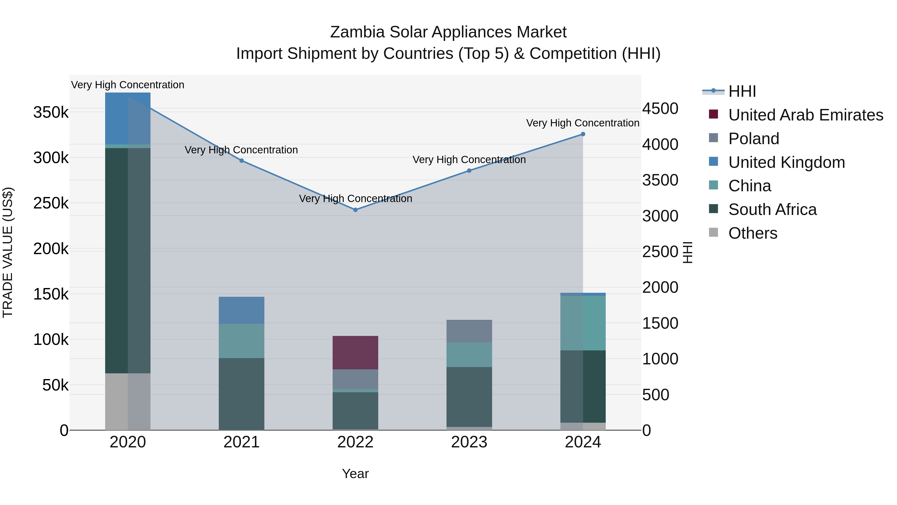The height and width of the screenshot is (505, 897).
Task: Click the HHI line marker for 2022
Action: (355, 210)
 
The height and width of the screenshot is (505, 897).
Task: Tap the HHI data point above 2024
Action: (583, 134)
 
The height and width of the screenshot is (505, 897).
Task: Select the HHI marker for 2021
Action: (242, 161)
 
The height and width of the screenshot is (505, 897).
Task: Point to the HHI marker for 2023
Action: (469, 171)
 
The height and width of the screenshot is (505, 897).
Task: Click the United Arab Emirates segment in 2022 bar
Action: (355, 352)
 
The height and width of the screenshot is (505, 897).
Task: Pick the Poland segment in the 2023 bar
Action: (469, 331)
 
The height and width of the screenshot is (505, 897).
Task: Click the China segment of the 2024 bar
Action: (583, 323)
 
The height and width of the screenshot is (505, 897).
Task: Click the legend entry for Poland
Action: (753, 139)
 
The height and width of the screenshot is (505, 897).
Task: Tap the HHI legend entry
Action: (742, 91)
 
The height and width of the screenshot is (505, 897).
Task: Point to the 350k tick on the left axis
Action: (51, 112)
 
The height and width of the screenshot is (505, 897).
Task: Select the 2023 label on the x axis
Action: (469, 442)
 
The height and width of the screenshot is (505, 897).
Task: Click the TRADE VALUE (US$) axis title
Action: (8, 252)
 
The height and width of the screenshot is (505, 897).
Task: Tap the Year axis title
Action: (355, 474)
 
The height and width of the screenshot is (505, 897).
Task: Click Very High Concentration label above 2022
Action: (355, 199)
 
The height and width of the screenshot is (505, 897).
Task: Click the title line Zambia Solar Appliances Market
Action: (448, 32)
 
